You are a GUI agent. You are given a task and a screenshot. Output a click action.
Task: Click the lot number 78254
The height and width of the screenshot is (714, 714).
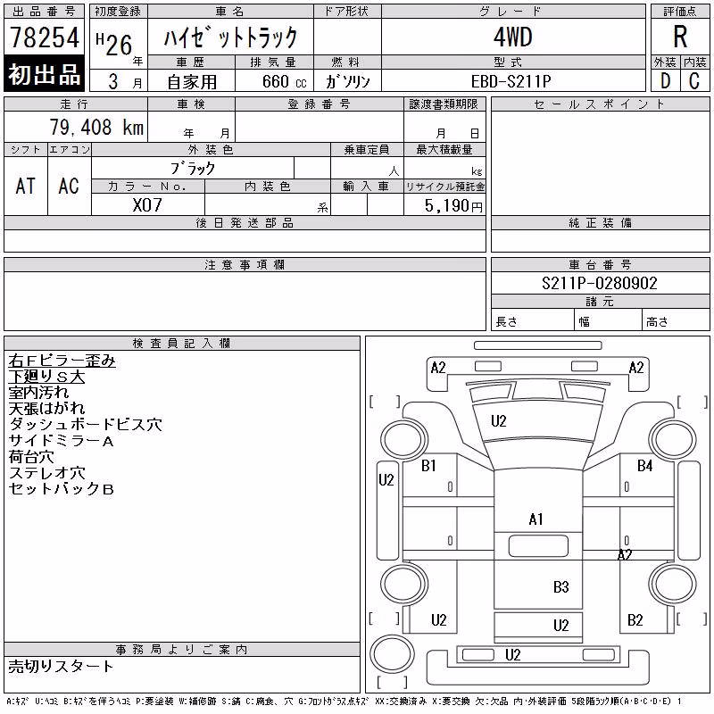(45, 37)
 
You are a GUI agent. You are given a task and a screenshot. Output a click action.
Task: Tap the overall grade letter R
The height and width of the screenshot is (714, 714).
(680, 37)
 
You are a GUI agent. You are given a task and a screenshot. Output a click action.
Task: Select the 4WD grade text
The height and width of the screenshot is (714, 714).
(513, 37)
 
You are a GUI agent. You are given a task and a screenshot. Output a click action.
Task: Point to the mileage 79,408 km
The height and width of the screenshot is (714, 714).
(96, 127)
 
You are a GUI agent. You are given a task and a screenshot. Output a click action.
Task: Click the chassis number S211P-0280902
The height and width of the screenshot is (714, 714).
(600, 283)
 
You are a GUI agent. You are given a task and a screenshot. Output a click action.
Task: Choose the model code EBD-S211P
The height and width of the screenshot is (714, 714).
(511, 81)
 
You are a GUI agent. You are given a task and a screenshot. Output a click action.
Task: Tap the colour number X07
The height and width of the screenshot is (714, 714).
(147, 205)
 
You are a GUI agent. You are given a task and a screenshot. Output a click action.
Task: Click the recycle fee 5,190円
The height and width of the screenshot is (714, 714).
(453, 206)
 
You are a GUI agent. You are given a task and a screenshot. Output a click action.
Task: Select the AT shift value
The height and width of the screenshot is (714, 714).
(26, 186)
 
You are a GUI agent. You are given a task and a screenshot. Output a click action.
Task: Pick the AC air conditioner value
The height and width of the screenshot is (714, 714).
(69, 186)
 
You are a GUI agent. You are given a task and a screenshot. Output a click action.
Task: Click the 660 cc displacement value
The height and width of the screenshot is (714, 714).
(285, 81)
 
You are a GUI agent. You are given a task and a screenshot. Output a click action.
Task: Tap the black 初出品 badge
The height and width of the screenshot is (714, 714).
(44, 73)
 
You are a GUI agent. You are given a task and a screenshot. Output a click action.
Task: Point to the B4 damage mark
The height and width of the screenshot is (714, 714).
(644, 465)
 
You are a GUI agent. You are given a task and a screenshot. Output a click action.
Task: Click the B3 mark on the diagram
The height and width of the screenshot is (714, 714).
(561, 586)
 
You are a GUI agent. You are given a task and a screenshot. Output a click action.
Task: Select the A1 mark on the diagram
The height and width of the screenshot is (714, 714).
(535, 519)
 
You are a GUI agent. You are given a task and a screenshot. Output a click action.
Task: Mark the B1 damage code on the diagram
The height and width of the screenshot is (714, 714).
(428, 465)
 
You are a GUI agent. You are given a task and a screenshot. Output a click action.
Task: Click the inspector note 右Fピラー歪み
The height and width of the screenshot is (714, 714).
(62, 361)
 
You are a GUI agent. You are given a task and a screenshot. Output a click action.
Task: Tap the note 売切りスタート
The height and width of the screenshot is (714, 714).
(61, 666)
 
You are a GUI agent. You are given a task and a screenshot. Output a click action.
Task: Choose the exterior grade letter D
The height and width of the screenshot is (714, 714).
(665, 81)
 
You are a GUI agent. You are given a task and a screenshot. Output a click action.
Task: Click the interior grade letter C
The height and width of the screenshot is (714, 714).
(694, 81)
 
